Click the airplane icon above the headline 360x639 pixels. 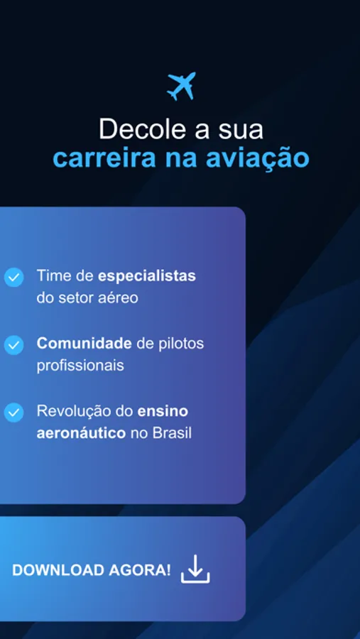click(180, 86)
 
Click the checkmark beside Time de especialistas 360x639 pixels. click(14, 277)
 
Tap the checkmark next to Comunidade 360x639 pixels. click(14, 344)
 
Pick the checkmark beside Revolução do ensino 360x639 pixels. click(14, 413)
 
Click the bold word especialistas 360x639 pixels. click(147, 275)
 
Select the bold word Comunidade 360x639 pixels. click(84, 344)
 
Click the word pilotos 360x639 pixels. click(181, 344)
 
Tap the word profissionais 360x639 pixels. click(80, 366)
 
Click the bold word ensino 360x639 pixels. click(163, 411)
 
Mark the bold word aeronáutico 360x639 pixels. click(81, 433)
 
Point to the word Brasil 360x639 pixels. click(172, 433)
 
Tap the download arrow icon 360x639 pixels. click(195, 569)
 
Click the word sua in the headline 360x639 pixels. click(242, 129)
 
